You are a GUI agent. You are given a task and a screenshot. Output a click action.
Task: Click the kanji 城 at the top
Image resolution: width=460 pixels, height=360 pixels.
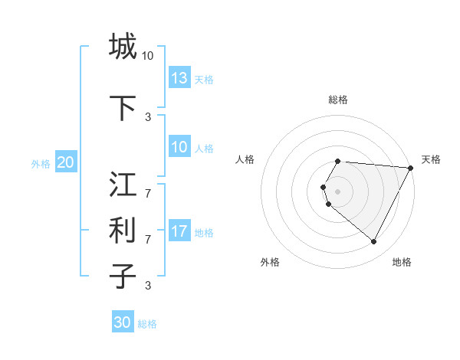coord(123,47)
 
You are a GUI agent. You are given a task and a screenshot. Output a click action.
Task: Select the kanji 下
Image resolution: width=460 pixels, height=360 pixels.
coord(123,108)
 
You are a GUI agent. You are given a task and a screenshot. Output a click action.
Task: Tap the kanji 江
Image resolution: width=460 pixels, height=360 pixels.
coord(123,185)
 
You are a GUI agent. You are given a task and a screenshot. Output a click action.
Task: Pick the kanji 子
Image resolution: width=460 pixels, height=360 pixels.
coord(123,277)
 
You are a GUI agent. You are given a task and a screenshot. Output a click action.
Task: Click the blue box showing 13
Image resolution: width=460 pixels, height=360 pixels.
coord(179,78)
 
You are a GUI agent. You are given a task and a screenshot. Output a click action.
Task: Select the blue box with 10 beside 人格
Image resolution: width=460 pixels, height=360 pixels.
coord(179,148)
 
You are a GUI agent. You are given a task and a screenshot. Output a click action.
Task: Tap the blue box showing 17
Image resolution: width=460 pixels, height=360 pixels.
coord(179,232)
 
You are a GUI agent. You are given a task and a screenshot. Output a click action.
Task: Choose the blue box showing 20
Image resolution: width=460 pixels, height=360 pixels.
coord(66,162)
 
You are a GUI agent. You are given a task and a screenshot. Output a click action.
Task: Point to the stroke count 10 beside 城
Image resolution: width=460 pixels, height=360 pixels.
coord(148,56)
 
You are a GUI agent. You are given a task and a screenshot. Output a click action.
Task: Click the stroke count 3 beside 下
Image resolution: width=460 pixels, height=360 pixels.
coord(148,117)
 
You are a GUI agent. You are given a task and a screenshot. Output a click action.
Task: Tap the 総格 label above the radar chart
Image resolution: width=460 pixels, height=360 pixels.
coord(338,100)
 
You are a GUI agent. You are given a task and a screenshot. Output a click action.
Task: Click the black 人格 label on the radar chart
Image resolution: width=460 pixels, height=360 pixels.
coord(245,159)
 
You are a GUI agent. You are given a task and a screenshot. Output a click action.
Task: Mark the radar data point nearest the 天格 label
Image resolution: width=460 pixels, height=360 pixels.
coord(411,168)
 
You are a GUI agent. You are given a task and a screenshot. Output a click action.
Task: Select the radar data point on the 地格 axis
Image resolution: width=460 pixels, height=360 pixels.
coord(373,242)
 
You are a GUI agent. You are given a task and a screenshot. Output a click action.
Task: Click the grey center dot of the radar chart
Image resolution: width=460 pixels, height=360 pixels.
coord(338,191)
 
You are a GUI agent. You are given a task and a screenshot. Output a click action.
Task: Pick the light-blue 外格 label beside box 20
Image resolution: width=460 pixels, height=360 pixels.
coord(41,164)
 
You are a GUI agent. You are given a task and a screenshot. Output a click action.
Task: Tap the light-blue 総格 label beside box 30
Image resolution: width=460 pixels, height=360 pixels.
coord(147,325)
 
